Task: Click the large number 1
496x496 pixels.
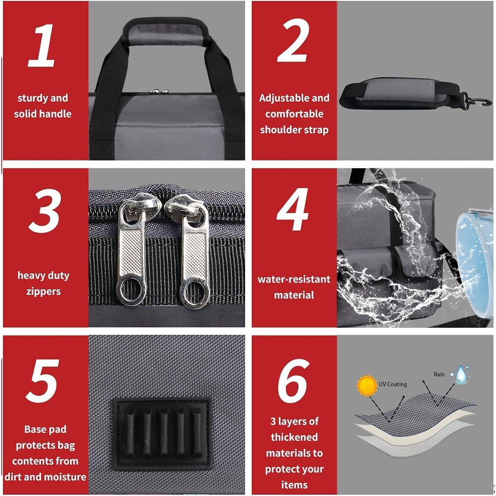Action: [x=42, y=45]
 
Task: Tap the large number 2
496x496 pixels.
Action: [x=293, y=41]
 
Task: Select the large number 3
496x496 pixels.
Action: [x=45, y=211]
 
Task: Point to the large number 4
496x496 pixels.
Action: [x=293, y=209]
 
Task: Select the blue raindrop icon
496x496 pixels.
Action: [x=460, y=374]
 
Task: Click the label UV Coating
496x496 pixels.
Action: [x=393, y=384]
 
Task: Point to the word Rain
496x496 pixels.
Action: [x=439, y=374]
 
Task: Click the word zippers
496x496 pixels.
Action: [x=43, y=292]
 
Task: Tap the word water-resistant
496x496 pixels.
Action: [x=294, y=279]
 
